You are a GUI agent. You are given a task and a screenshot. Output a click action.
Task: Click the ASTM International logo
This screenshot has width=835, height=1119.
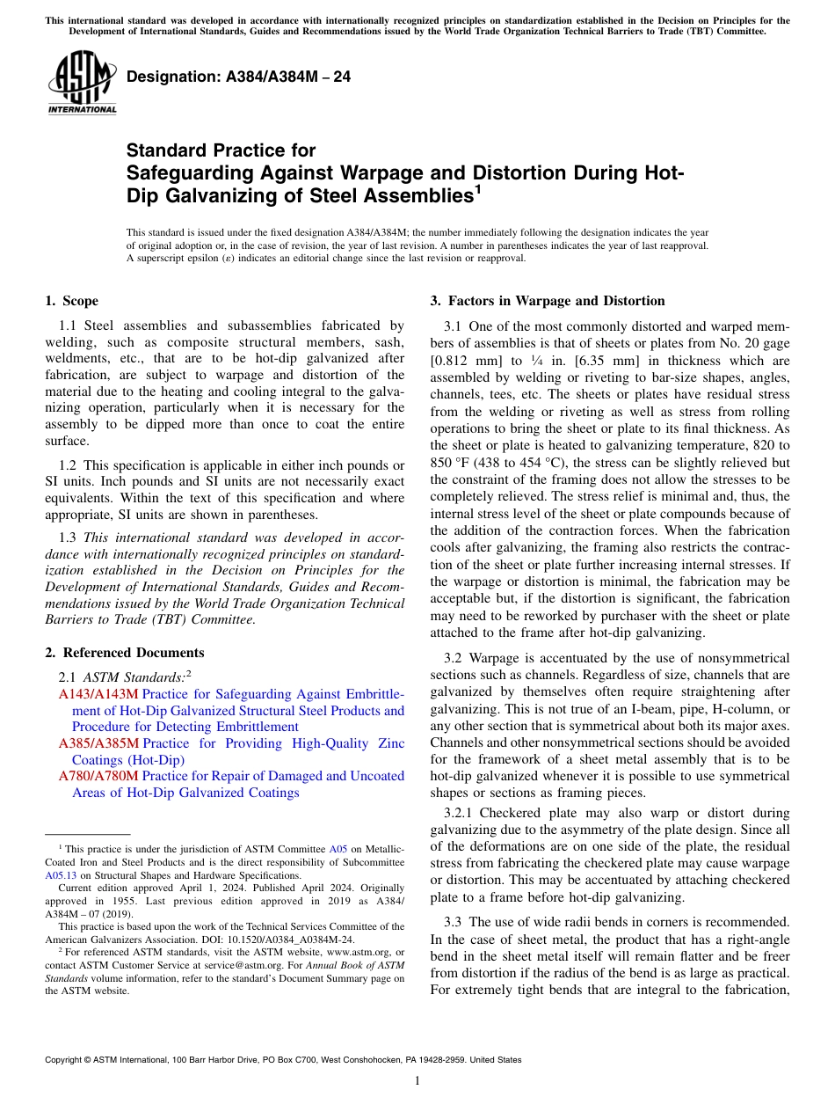pos(82,83)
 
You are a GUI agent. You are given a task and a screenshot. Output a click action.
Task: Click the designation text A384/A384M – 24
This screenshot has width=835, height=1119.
pos(238,77)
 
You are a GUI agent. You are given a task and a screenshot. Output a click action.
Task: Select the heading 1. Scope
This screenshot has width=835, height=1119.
pos(72,301)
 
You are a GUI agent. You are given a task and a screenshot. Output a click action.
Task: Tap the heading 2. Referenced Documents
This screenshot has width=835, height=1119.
pos(125,653)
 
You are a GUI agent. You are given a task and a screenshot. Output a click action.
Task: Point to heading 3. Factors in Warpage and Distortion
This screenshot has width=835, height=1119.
pos(548,301)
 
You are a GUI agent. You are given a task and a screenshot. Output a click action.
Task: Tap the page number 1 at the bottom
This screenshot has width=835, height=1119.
pos(417,1080)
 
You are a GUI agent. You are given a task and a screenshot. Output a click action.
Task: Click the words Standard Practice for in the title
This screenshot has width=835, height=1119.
pos(221,150)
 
